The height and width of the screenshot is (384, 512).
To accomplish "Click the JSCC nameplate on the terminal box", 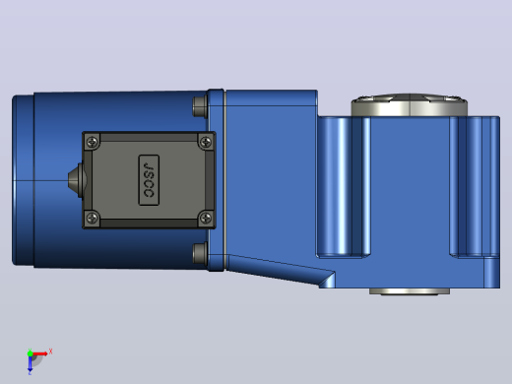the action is tap(149, 180).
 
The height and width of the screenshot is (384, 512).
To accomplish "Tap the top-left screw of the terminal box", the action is tap(93, 142).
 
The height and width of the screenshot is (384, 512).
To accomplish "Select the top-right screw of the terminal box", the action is tap(206, 142).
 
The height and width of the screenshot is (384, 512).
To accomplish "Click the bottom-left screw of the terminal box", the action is tap(93, 218).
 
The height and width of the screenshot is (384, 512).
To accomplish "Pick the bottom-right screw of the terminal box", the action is tap(206, 218).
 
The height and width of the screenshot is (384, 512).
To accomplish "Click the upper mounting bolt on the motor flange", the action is tap(200, 106).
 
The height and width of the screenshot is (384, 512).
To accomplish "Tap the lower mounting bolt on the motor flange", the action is tap(200, 253).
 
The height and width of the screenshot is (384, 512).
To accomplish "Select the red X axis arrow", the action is tap(39, 353).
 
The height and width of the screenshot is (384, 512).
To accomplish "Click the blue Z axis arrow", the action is tap(30, 364).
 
